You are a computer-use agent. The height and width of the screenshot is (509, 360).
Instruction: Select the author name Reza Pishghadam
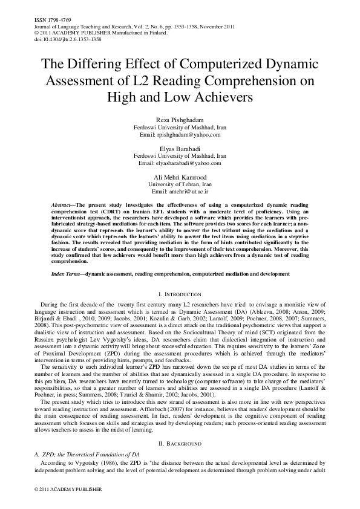[180, 121]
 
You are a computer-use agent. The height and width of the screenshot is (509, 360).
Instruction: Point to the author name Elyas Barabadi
[180, 148]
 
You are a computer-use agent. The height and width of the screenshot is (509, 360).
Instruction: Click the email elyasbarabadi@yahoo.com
[180, 163]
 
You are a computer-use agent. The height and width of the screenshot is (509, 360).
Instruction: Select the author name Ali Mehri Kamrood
[180, 177]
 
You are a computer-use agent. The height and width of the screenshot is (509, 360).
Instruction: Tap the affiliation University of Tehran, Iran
[180, 184]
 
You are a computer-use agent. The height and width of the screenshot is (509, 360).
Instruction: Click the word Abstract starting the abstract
[63, 206]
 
